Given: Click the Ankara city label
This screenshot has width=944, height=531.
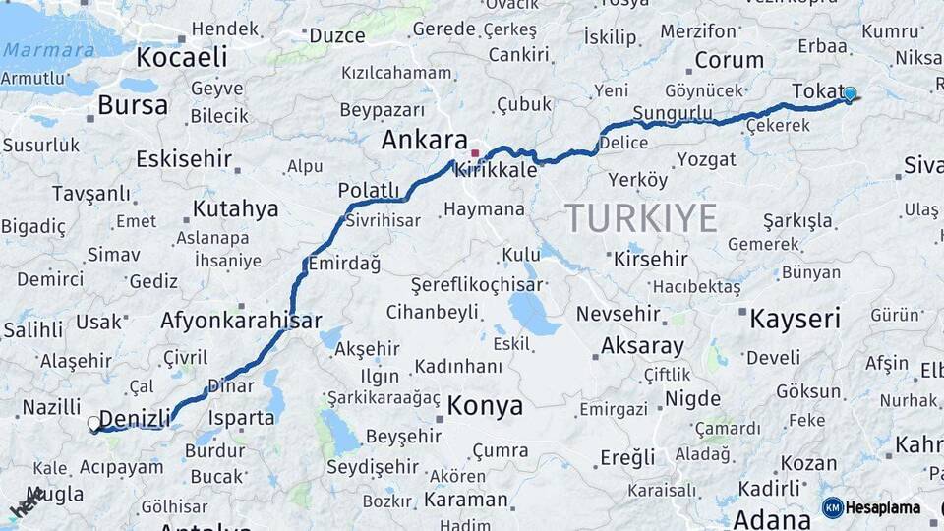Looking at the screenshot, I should [424, 141].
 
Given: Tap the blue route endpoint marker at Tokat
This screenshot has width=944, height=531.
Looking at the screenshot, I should [850, 94].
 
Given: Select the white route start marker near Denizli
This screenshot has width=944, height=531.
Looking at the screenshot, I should [94, 424].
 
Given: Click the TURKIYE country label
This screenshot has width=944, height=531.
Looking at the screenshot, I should [640, 218].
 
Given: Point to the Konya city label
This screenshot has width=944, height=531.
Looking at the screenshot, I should [485, 406].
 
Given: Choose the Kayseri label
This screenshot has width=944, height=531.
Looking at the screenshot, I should [795, 319].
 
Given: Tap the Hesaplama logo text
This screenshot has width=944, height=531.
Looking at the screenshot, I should [884, 508].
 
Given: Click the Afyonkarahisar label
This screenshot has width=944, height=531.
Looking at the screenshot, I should [241, 321].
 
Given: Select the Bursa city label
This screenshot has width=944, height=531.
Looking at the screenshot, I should [133, 105].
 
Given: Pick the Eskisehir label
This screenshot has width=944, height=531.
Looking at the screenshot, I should [183, 158].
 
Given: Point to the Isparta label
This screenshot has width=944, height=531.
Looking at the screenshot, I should [241, 417].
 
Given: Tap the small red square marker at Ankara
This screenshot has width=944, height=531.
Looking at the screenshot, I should [475, 153].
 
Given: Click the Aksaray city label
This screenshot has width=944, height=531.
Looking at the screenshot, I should [641, 346].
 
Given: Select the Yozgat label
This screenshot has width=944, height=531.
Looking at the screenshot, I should [706, 159].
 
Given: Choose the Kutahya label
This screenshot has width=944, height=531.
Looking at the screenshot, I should [235, 208].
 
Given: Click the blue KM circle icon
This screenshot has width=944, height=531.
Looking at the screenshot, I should [832, 508].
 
